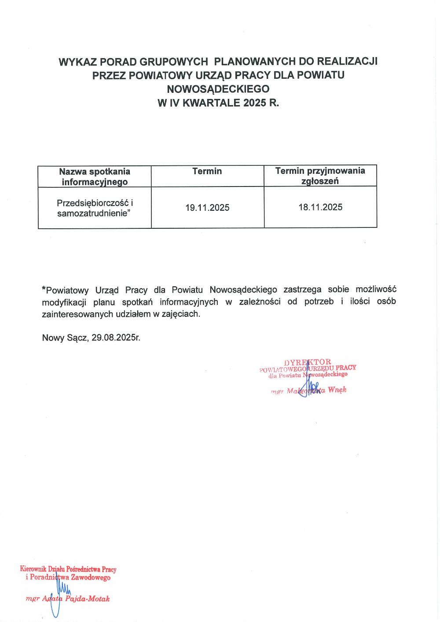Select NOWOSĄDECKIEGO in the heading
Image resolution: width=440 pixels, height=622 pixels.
coord(218,89)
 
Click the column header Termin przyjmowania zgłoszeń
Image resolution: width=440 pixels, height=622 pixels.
coord(320,176)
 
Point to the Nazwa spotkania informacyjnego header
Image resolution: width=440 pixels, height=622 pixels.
coord(95,176)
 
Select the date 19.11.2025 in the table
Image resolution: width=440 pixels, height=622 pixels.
coord(207,208)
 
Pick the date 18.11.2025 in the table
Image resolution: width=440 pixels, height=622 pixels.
coord(320,207)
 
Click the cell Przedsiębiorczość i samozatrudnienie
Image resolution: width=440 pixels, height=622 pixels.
coord(95,208)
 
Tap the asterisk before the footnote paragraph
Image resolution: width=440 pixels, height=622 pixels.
coord(44,289)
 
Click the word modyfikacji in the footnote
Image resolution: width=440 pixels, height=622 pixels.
coord(64,302)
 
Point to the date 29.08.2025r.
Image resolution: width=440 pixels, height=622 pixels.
coord(116,338)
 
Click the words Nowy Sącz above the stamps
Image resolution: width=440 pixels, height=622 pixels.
coord(65,338)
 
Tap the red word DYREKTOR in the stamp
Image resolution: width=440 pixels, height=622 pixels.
coord(308,362)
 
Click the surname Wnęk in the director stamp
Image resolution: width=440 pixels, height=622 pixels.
coord(337,390)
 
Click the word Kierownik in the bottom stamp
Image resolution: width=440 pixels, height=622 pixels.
coord(33,569)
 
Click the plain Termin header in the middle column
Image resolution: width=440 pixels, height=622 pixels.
coord(207,171)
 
